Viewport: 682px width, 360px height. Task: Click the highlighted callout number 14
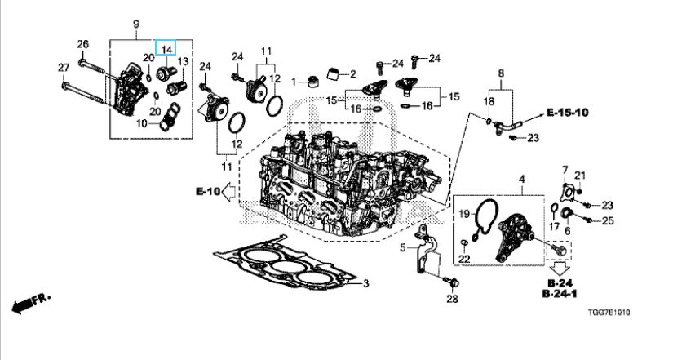166,49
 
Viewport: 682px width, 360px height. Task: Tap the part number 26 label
82,43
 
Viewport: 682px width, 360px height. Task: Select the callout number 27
64,66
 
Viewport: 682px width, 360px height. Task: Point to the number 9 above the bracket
135,23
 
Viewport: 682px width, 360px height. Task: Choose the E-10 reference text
208,192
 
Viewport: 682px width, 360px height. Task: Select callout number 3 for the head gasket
366,283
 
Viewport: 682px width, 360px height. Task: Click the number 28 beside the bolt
453,299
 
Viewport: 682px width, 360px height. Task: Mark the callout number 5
403,247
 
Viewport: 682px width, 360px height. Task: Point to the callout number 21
581,176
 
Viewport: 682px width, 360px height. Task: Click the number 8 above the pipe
501,73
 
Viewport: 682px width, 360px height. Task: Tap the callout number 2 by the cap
352,73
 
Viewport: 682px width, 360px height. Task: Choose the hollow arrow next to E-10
231,193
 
